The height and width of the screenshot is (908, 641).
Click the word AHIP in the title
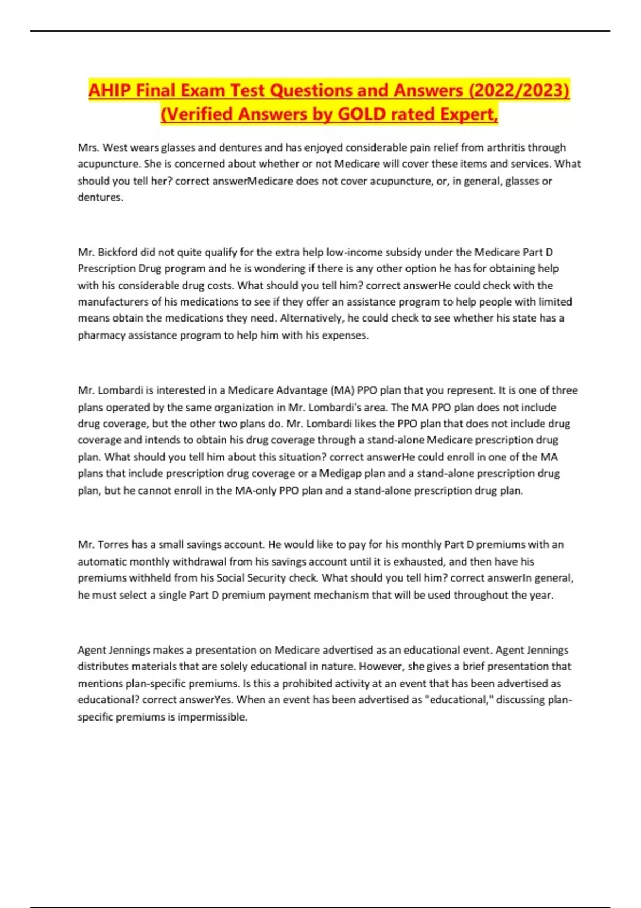pyautogui.click(x=110, y=90)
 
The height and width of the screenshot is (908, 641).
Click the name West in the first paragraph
pyautogui.click(x=116, y=147)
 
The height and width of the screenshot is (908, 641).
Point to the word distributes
pyautogui.click(x=101, y=667)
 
